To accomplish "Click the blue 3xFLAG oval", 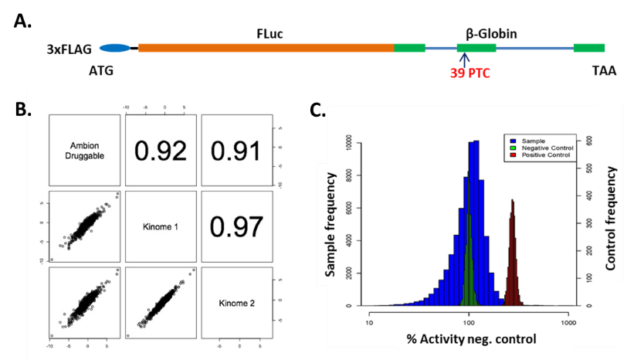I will pyautogui.click(x=115, y=49).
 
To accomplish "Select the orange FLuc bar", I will pyautogui.click(x=266, y=49).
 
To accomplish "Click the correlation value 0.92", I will pyautogui.click(x=160, y=151).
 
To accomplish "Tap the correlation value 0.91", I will pyautogui.click(x=235, y=151).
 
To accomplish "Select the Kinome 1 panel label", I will pyautogui.click(x=160, y=226).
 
